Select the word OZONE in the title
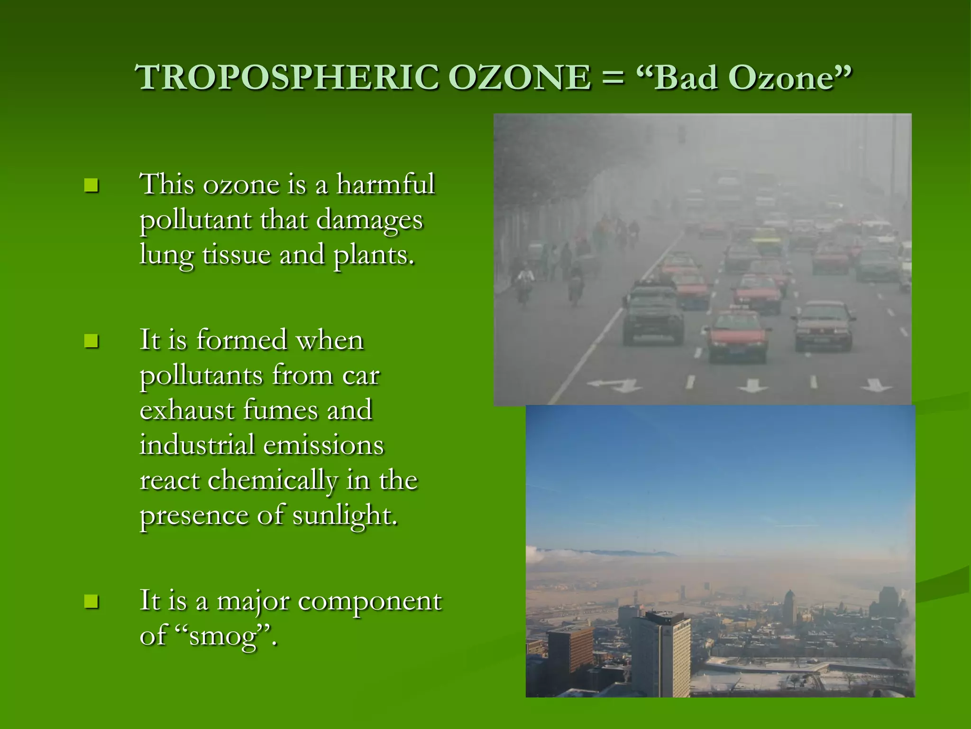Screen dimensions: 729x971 tap(519, 77)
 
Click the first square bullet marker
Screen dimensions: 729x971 tap(91, 185)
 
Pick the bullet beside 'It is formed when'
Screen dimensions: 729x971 tap(91, 341)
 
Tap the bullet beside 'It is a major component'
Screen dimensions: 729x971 tap(91, 601)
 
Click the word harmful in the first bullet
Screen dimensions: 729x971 tap(385, 184)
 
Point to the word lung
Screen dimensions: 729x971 tap(166, 255)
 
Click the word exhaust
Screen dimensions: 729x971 tap(187, 410)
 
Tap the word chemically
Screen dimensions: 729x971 tap(273, 480)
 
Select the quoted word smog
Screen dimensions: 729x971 tap(222, 636)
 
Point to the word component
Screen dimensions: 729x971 tap(370, 601)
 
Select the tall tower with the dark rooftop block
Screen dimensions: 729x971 tap(661, 653)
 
